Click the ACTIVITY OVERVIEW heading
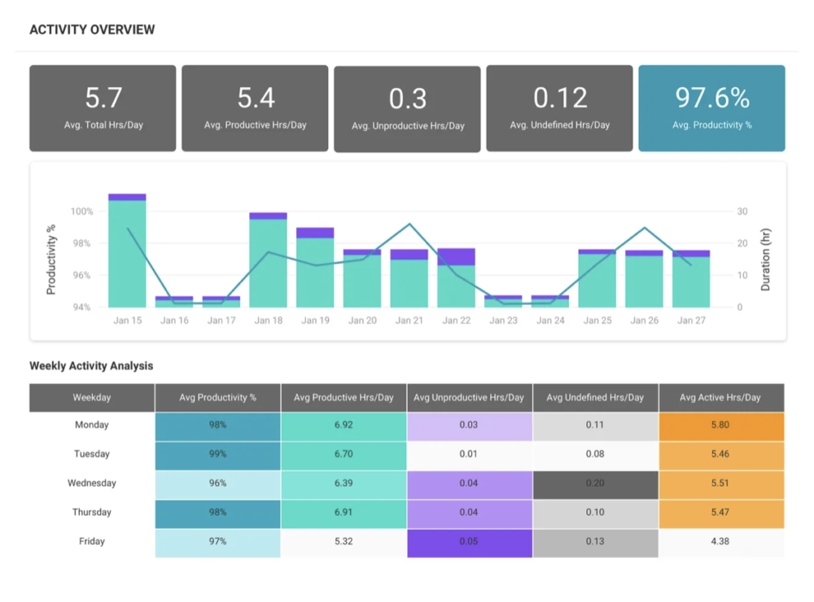click(92, 30)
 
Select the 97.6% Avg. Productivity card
click(711, 108)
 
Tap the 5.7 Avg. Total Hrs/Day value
click(103, 98)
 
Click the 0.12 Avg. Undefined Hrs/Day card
click(559, 108)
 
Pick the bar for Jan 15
click(127, 252)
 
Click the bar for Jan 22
click(456, 281)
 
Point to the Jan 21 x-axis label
click(409, 321)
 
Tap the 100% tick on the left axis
click(81, 212)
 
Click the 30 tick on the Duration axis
click(742, 212)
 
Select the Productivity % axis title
click(51, 260)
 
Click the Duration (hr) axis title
click(765, 260)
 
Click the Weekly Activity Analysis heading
click(91, 366)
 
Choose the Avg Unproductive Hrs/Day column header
click(469, 398)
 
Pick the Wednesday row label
click(92, 483)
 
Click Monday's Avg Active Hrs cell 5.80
click(720, 425)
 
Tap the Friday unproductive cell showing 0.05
click(469, 542)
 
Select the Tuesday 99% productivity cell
click(217, 454)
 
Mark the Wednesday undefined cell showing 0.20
click(595, 483)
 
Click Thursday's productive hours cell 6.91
click(344, 513)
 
